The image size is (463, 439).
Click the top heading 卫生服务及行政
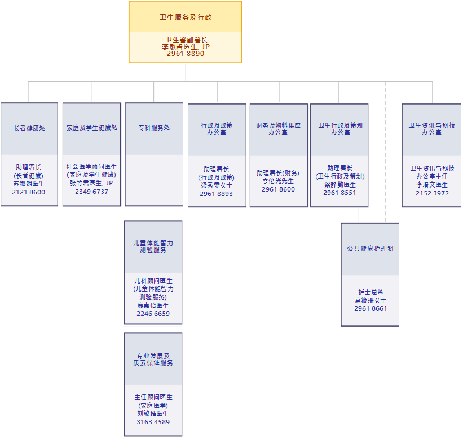[x=186, y=18]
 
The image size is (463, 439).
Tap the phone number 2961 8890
[x=186, y=54]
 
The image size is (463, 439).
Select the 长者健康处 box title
[x=29, y=128]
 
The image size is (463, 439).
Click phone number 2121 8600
[x=29, y=193]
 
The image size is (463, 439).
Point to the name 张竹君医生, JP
[x=91, y=183]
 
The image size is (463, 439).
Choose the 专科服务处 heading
[x=154, y=128]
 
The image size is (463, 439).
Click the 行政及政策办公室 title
[x=217, y=129]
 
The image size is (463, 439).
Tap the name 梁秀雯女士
[x=217, y=185]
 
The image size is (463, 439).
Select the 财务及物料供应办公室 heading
[x=279, y=129]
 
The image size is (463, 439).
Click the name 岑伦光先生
[x=279, y=181]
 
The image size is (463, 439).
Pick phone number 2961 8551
[x=339, y=193]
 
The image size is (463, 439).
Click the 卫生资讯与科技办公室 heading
[x=432, y=129]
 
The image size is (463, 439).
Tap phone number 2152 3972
[x=432, y=193]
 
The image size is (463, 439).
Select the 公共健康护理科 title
[x=371, y=249]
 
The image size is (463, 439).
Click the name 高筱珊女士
[x=371, y=301]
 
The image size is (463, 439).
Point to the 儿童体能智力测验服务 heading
[x=153, y=246]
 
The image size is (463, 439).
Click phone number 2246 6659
[x=153, y=314]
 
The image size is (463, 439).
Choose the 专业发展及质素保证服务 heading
[x=153, y=359]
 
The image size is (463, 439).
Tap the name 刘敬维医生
[x=153, y=414]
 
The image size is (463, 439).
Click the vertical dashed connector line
[x=386, y=153]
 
